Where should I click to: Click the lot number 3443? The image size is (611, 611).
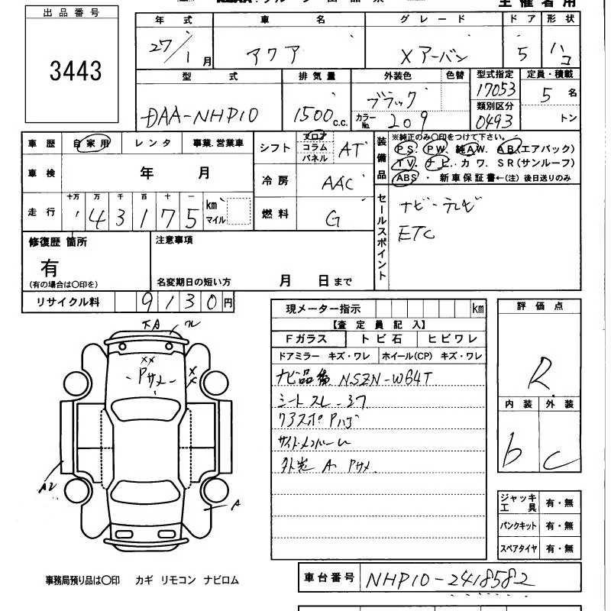tap(76, 71)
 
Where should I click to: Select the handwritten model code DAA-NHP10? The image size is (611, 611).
tap(200, 116)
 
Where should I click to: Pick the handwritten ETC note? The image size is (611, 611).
tap(416, 234)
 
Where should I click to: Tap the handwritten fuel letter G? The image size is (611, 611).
tap(333, 219)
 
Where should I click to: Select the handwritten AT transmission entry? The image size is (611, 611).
tap(349, 150)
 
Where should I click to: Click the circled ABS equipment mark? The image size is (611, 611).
tap(405, 177)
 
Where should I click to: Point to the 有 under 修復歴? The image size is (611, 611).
tap(50, 268)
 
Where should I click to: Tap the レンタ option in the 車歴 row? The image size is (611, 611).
tap(153, 143)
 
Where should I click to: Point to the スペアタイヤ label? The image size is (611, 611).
tap(519, 548)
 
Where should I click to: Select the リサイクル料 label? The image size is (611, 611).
tap(69, 302)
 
